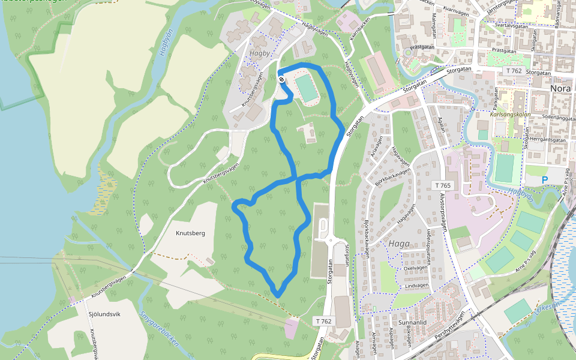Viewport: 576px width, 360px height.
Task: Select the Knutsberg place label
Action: pyautogui.click(x=190, y=233)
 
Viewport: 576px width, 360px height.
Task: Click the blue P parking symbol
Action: pyautogui.click(x=545, y=179)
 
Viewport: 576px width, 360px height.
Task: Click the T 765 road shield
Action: pyautogui.click(x=443, y=185)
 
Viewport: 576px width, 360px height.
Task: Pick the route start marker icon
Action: pyautogui.click(x=281, y=80)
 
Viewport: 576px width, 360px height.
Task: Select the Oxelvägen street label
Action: pyautogui.click(x=415, y=268)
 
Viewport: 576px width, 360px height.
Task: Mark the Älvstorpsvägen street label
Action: pyautogui.click(x=443, y=213)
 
